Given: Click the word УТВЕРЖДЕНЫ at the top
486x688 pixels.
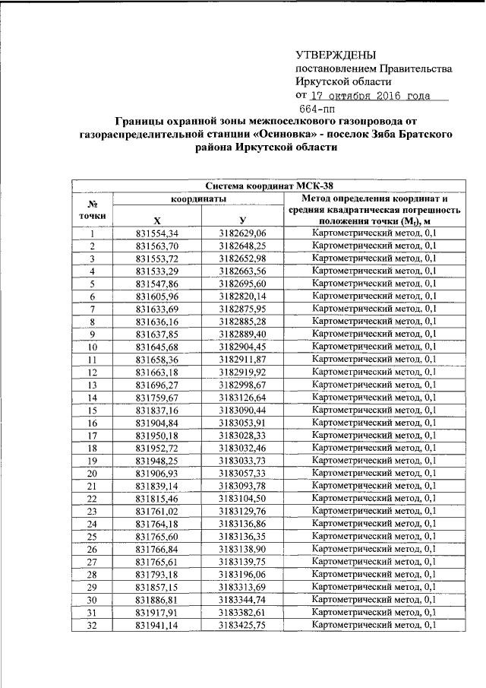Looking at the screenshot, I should coord(335,55).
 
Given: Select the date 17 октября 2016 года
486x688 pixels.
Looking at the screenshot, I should coord(370,96).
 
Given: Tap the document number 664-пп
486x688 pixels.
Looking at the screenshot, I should coord(321,109).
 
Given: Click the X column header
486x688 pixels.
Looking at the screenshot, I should coord(156,220).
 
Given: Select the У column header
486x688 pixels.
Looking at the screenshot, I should coord(242,220).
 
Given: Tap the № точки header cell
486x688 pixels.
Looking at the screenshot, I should coord(92,211).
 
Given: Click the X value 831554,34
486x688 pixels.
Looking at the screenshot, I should coord(156,233).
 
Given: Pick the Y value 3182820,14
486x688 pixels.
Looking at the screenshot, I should coord(242,296).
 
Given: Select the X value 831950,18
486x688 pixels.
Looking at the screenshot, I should coord(156,435).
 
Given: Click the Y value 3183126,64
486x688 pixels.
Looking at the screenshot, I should coord(242,397).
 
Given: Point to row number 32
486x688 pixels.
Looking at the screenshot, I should coord(92,625).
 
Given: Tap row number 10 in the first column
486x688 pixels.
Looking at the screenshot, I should coord(92,347).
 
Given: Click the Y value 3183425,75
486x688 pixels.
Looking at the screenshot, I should coord(242,625).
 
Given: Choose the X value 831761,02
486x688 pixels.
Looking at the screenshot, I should coord(156,511).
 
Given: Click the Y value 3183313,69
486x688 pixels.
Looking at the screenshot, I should coord(242,587).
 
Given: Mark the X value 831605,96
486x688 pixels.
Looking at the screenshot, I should coord(156,296).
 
